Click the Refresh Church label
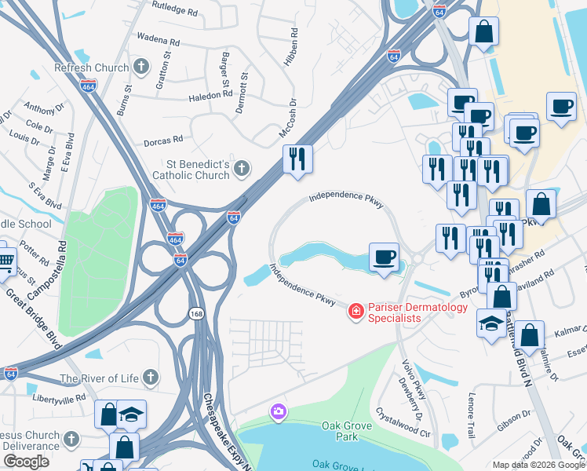click(91, 68)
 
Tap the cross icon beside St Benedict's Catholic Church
click(242, 167)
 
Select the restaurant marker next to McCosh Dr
click(297, 159)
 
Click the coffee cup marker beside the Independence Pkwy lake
click(384, 257)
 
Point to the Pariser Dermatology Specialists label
click(407, 312)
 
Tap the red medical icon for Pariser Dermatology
click(356, 312)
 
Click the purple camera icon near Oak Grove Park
click(278, 411)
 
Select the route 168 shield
click(195, 313)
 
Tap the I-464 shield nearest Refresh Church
click(89, 85)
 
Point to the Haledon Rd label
click(210, 95)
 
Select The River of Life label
click(98, 379)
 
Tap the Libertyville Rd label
click(58, 400)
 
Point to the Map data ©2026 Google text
click(538, 465)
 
